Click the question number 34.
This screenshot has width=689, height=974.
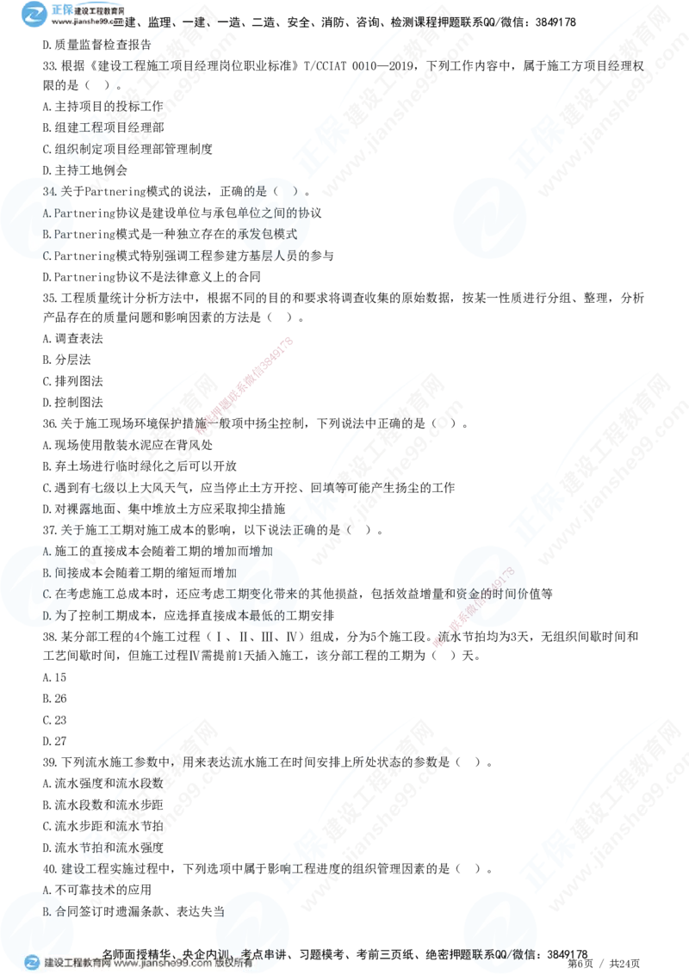tap(49, 191)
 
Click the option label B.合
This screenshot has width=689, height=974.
tap(53, 910)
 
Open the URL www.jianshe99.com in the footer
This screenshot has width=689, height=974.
tap(163, 964)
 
